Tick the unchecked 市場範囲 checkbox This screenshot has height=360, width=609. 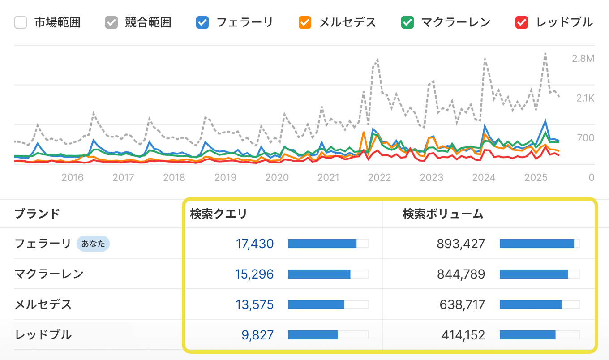(21, 22)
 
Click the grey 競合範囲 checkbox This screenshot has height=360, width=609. (112, 22)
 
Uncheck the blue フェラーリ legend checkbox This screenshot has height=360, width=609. (203, 22)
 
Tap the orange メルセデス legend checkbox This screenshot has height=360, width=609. (305, 22)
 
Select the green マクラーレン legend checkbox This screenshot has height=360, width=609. (407, 22)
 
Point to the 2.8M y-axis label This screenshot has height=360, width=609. (583, 59)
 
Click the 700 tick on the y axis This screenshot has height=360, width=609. (586, 138)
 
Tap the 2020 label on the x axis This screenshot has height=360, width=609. (277, 178)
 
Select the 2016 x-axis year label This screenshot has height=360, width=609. (73, 178)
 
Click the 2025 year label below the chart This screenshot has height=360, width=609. (536, 178)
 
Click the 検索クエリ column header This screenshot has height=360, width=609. (219, 214)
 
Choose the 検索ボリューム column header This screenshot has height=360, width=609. (443, 214)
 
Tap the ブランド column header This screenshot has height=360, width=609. (37, 214)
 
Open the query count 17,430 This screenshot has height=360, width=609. (254, 244)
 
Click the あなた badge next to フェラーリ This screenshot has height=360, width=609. (93, 244)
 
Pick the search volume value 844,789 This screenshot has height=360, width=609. (461, 274)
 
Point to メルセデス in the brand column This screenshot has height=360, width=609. (43, 304)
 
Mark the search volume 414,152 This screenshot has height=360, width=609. (463, 335)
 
